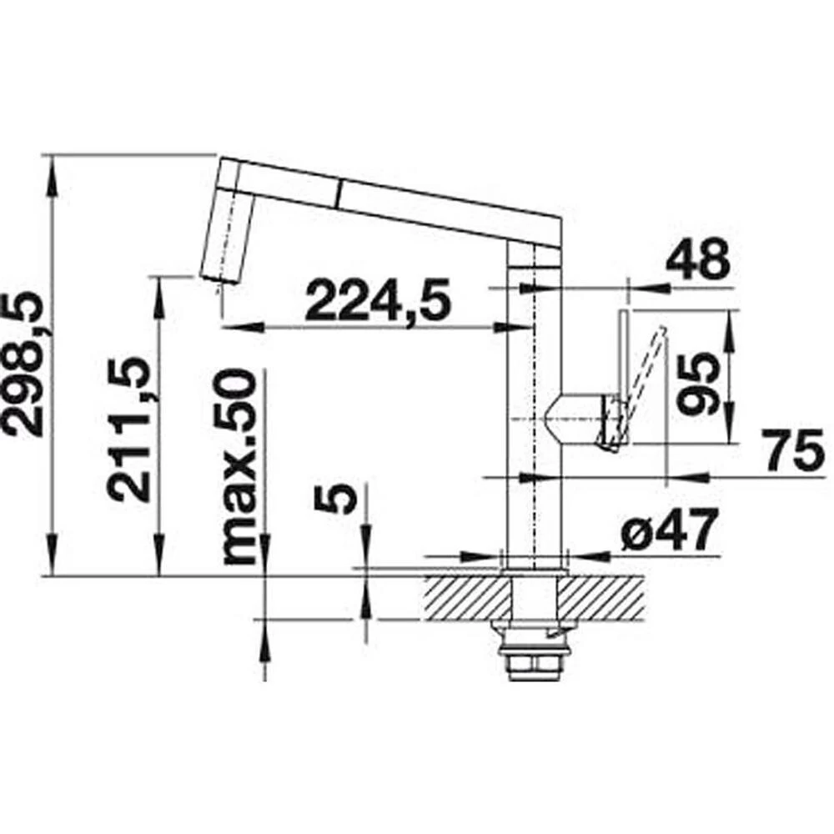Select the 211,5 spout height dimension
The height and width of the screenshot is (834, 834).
pyautogui.click(x=128, y=429)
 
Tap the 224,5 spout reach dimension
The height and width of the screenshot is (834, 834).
pyautogui.click(x=378, y=302)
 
